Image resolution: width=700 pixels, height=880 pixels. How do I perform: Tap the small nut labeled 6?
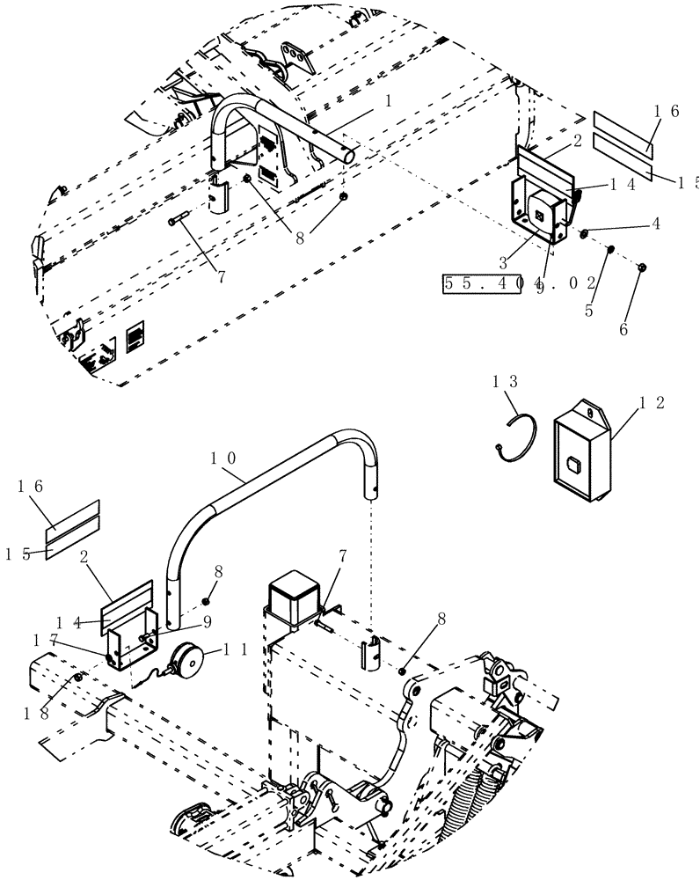click(x=643, y=266)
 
